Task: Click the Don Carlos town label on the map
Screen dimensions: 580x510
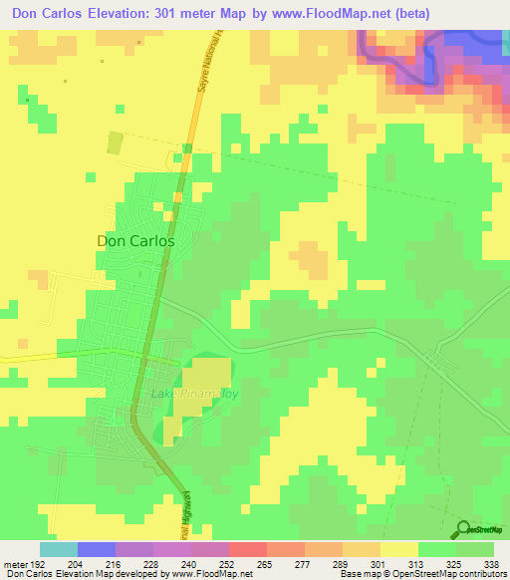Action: tap(135, 241)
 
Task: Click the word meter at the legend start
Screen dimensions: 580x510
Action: tap(9, 563)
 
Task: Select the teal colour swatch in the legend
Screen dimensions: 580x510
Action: tap(59, 549)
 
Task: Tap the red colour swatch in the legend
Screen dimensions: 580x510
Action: tap(248, 549)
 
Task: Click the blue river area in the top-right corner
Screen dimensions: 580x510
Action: tap(468, 40)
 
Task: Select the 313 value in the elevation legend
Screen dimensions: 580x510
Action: tap(398, 563)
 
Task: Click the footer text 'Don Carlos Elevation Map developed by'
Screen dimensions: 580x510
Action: tap(84, 574)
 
